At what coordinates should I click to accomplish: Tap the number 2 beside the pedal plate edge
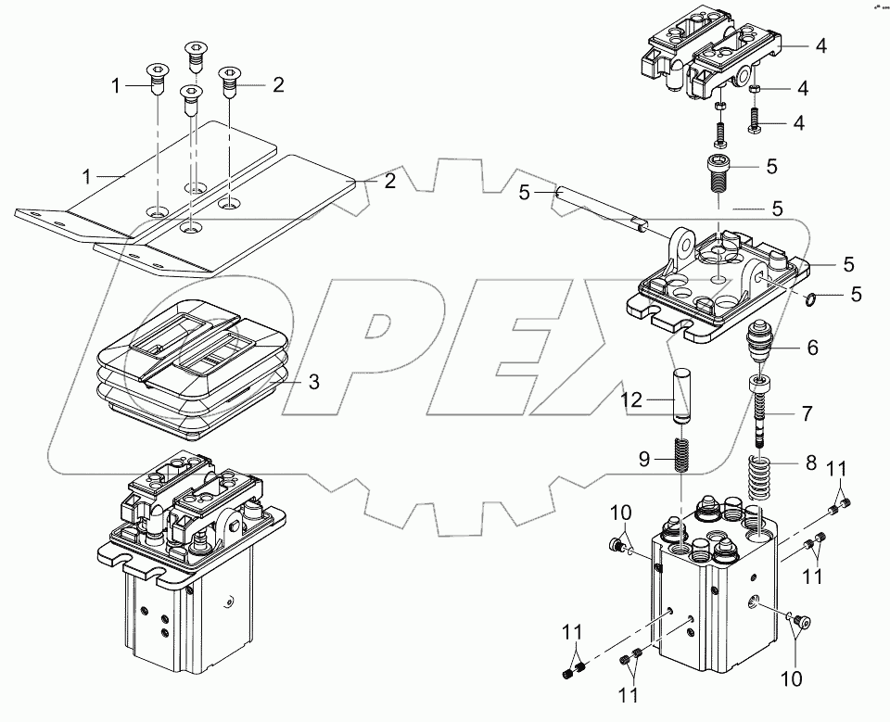point(390,182)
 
